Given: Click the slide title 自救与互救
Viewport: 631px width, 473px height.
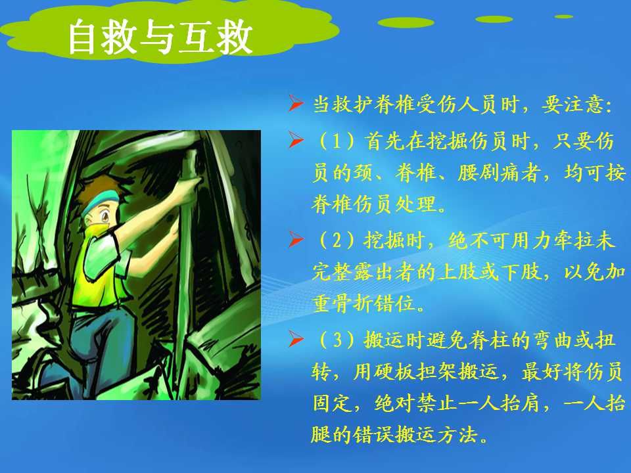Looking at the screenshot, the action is point(160,37).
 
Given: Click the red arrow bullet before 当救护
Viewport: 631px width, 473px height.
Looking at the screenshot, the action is point(296,104).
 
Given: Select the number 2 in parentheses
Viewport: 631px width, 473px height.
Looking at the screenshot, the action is point(337,240).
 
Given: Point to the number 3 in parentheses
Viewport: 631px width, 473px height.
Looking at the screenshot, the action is point(337,340).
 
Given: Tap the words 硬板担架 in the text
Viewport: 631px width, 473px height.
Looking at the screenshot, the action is point(415,372).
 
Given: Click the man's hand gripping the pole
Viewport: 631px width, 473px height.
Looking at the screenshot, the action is point(189,186).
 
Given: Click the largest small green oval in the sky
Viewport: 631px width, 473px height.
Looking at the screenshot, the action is point(406,22).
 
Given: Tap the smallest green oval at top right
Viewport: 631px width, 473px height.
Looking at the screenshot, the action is point(564,16).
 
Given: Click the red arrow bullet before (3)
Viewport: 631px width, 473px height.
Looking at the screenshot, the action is point(296,340).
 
